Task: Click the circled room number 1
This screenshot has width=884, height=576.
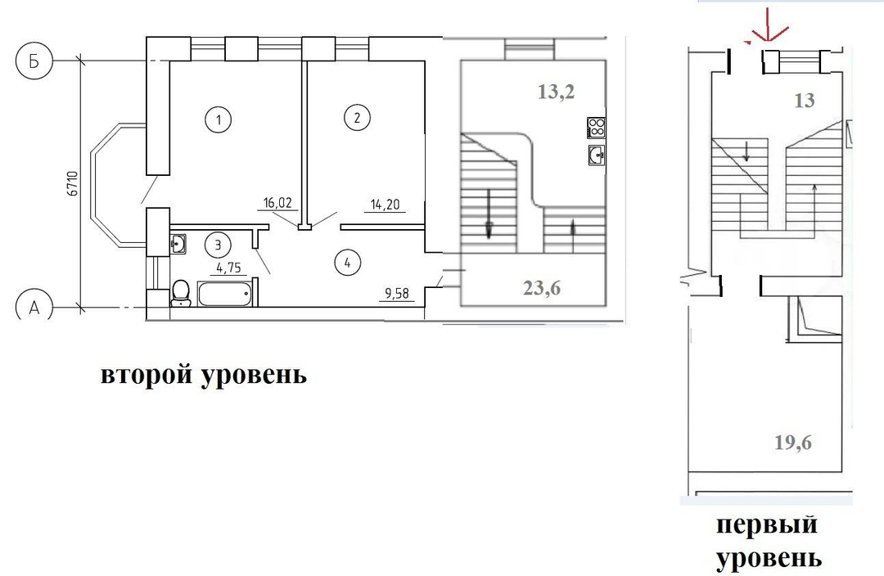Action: pos(219,119)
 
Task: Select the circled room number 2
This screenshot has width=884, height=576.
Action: pos(357,118)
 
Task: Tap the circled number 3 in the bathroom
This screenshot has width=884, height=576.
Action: pos(219,245)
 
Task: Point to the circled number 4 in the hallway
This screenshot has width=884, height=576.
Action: pos(347,263)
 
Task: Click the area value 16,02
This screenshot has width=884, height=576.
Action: pos(278,203)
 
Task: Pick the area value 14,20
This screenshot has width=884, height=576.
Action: pos(385,205)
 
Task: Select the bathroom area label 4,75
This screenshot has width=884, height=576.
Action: pos(228,268)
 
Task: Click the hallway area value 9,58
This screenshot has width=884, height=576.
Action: pos(397,293)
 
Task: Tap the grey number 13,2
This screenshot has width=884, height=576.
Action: pos(557,92)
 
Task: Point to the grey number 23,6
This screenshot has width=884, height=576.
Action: pos(542,288)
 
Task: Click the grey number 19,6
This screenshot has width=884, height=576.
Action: pos(793,443)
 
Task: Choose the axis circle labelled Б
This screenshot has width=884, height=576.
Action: pos(34,61)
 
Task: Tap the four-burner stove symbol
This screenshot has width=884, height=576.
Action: pos(597,128)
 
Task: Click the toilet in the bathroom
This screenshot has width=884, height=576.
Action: pos(180,293)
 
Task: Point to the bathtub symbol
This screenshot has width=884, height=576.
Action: pos(224,295)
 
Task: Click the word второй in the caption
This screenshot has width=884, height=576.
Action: pos(147,375)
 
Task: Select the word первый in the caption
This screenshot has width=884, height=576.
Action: pos(767,524)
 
